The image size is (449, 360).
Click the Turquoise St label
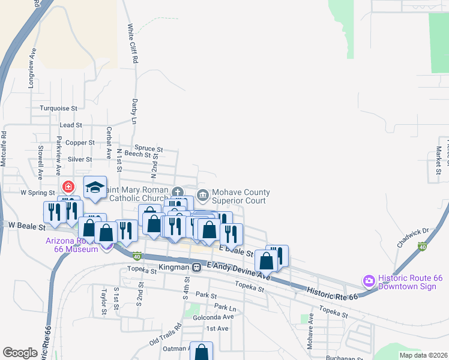(59, 108)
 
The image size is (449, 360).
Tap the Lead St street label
(70, 125)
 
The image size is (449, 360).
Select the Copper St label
(80, 143)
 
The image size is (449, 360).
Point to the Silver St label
(79, 160)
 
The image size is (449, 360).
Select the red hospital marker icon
(67, 187)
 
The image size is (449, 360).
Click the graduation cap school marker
(95, 187)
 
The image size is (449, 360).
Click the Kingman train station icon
(196, 267)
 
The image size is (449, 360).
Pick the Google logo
(20, 353)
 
